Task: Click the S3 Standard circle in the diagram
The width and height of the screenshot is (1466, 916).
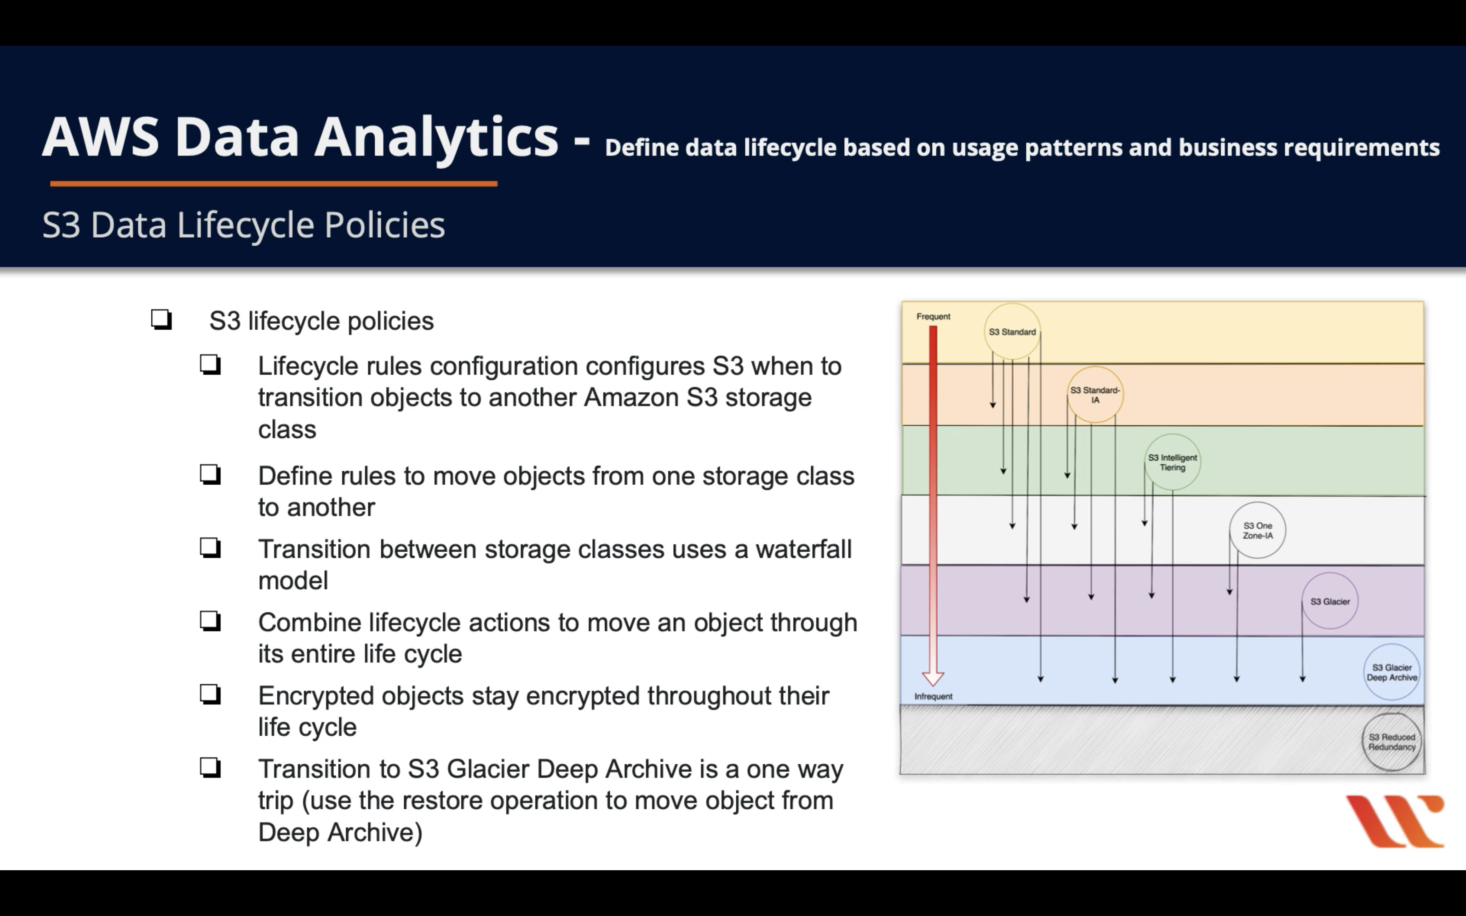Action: (x=1012, y=331)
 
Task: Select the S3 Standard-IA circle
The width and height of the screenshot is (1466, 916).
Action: (x=1095, y=394)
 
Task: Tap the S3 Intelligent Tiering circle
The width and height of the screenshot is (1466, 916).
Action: (x=1172, y=462)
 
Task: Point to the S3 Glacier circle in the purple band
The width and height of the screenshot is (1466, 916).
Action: (x=1330, y=601)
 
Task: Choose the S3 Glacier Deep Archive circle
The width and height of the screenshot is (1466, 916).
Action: (x=1392, y=672)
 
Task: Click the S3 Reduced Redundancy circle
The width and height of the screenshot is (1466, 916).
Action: (x=1392, y=741)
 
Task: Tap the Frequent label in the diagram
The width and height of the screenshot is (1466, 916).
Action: (x=933, y=316)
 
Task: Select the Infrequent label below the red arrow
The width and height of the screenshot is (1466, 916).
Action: (x=933, y=696)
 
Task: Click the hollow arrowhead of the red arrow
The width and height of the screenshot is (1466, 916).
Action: (x=933, y=677)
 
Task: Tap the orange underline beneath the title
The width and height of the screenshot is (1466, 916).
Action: (x=274, y=183)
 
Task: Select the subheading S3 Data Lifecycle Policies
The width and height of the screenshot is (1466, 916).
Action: (x=243, y=225)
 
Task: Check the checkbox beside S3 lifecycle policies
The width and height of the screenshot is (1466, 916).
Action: (x=161, y=319)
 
